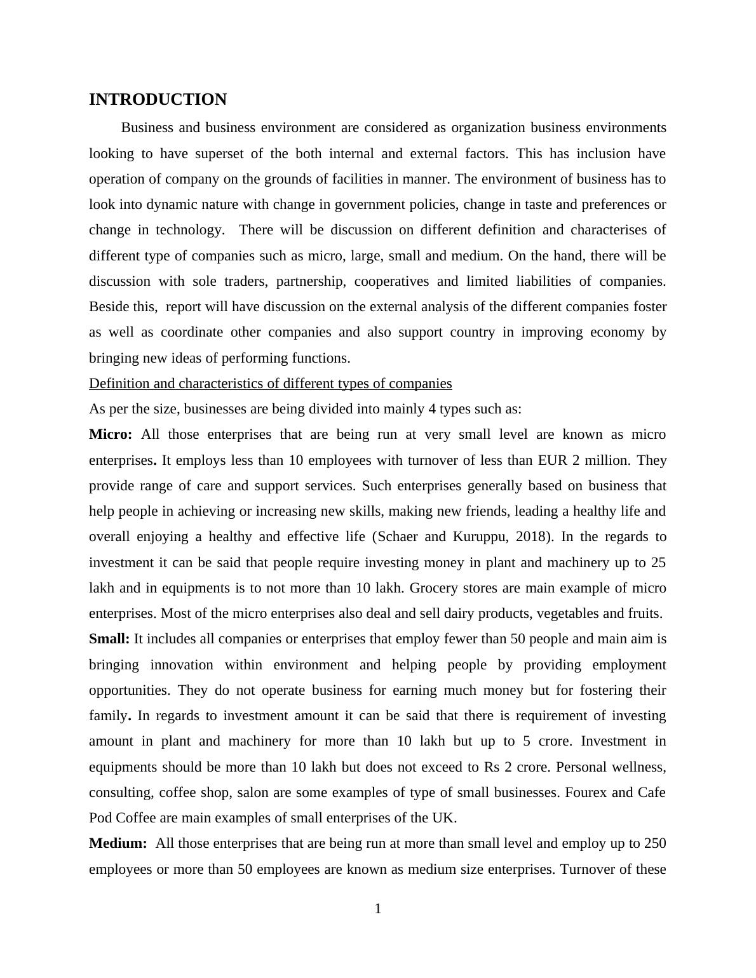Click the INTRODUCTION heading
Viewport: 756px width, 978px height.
click(x=158, y=100)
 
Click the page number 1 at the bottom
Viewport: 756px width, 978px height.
click(x=378, y=909)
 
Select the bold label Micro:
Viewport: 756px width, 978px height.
click(x=111, y=434)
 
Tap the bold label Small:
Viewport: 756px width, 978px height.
click(x=109, y=639)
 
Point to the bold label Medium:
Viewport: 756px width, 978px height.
click(x=118, y=843)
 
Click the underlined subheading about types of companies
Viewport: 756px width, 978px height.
click(x=270, y=384)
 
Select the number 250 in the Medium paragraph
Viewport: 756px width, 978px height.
click(x=654, y=843)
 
